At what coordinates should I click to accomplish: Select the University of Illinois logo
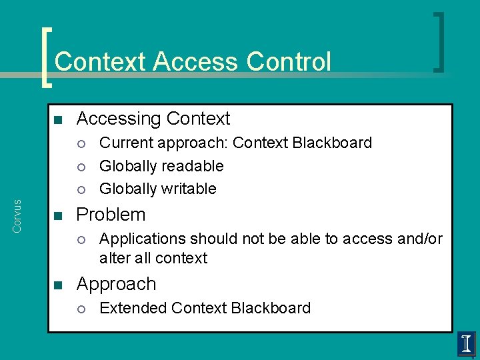point(466,345)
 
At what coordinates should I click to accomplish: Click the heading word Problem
point(111,215)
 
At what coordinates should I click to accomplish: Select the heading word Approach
point(116,285)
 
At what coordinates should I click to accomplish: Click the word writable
point(190,189)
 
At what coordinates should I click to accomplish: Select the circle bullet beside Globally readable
point(81,167)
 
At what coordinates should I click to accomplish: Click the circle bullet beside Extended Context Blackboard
point(81,309)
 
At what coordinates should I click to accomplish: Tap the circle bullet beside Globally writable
point(81,189)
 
